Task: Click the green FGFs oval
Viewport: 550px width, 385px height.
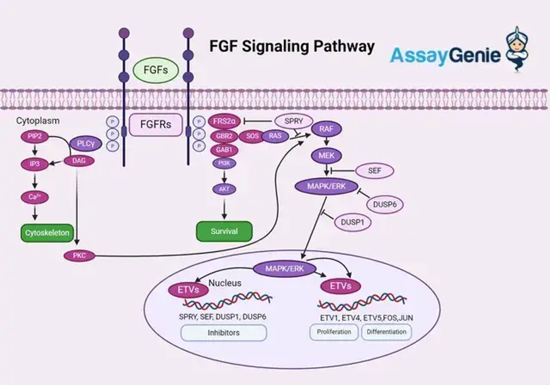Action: [x=155, y=70]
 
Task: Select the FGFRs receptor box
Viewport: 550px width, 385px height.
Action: [x=155, y=124]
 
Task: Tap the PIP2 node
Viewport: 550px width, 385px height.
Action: [x=35, y=137]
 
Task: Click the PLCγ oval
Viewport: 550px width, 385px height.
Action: [x=85, y=143]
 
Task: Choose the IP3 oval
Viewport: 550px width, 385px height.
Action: [x=35, y=164]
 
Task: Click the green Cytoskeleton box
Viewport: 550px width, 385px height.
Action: [x=46, y=232]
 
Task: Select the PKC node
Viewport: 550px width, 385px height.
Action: [x=79, y=256]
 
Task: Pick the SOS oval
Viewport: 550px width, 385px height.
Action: [x=252, y=136]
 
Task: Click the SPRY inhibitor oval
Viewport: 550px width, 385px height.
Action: [x=293, y=121]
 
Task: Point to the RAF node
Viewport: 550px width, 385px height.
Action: [x=326, y=129]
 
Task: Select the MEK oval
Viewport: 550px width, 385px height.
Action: [x=326, y=155]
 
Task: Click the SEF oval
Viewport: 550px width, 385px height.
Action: [x=374, y=170]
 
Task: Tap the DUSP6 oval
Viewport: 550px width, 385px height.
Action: [x=385, y=204]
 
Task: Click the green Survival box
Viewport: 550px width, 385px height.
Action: [x=224, y=231]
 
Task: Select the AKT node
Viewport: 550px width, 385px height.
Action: [x=224, y=189]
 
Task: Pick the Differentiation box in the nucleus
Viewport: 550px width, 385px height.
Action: [x=386, y=332]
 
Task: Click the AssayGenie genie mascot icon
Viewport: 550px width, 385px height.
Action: [x=517, y=50]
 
